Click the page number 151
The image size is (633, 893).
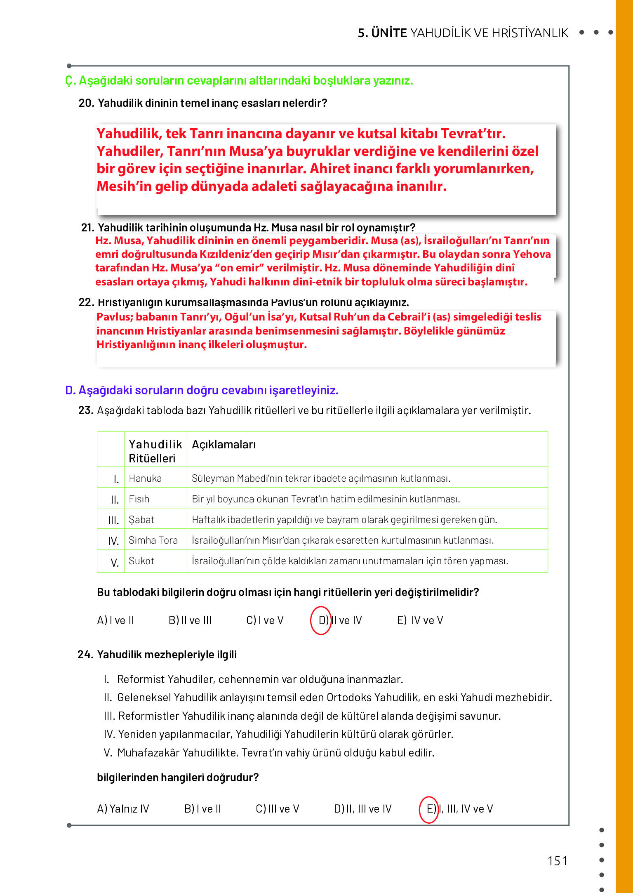point(557,861)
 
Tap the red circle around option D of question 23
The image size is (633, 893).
point(321,620)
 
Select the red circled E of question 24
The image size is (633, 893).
point(429,809)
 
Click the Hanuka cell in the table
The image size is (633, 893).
point(145,478)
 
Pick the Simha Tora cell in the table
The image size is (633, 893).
point(153,540)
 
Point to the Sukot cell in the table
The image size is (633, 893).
point(141,561)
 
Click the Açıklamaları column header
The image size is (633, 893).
point(224,445)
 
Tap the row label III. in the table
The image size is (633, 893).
point(113,521)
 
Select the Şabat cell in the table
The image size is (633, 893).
point(141,520)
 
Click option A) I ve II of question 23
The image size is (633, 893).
point(115,620)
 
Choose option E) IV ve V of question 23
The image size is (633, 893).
point(420,620)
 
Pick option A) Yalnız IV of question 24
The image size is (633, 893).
point(123,809)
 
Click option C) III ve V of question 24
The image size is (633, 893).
point(277,809)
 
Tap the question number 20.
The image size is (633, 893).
point(87,103)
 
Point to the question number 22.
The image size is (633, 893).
point(87,302)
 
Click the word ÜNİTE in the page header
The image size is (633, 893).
point(389,33)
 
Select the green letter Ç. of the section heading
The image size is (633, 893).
point(70,81)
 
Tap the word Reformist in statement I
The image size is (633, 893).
point(141,679)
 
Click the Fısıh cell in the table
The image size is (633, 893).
point(139,499)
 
